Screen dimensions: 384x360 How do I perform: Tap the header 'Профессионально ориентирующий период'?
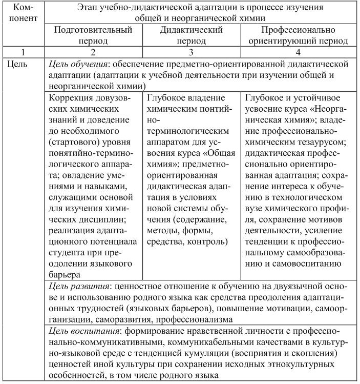coord(299,35)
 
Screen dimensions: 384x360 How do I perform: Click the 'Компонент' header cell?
coord(23,13)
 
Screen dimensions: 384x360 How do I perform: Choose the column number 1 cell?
coord(23,52)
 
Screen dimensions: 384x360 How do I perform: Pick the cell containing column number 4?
coord(299,52)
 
